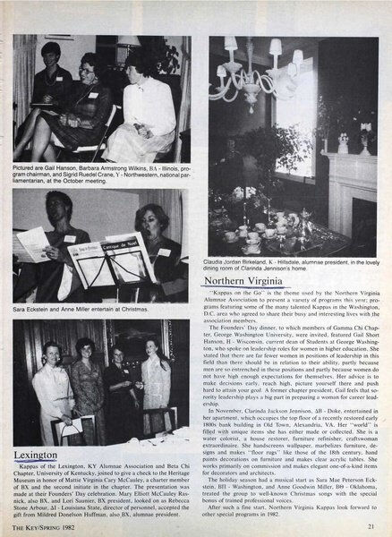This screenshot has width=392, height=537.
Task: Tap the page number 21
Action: coord(370,525)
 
